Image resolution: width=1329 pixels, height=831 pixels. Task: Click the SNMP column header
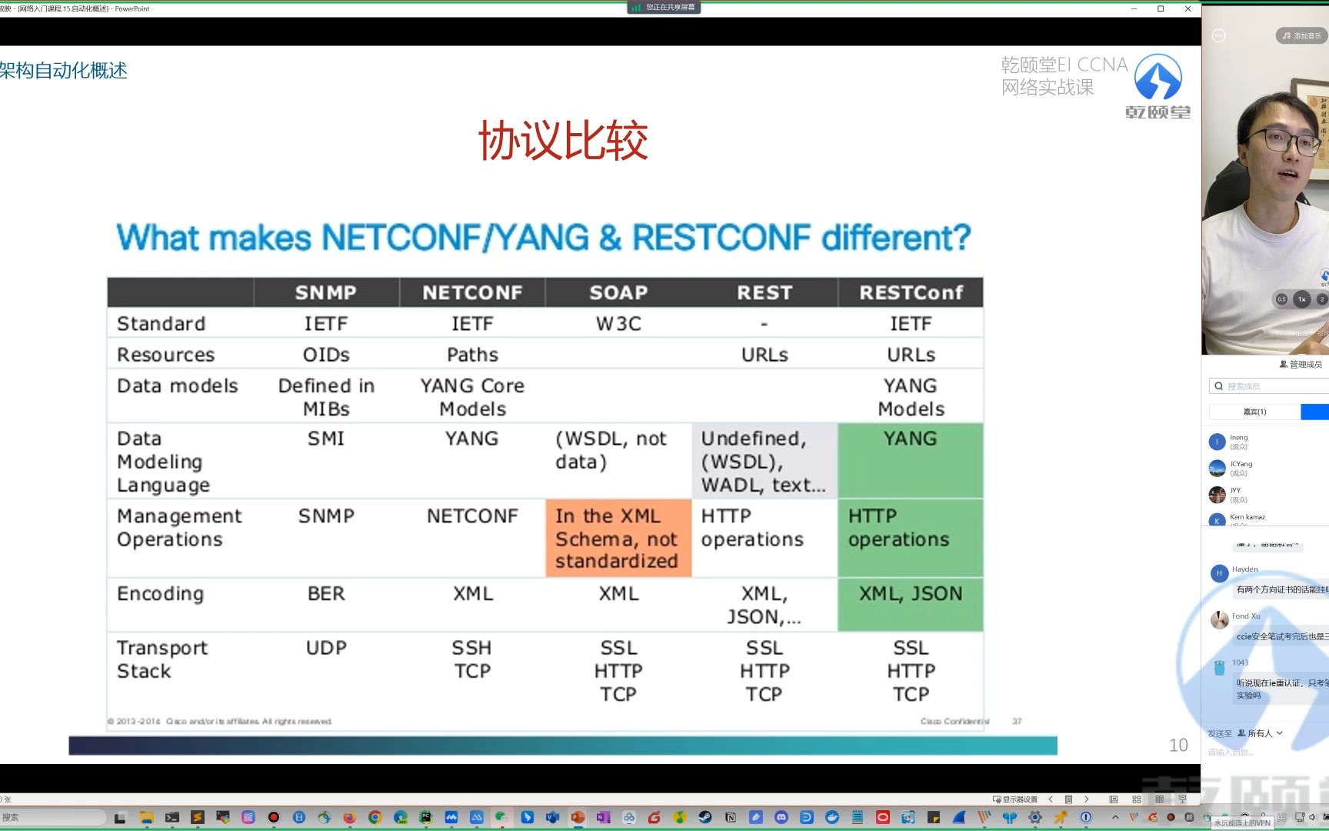(326, 292)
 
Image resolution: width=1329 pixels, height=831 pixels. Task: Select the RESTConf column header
(911, 292)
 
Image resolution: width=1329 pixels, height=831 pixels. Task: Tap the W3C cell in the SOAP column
(618, 324)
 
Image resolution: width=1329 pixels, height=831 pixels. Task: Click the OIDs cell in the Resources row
(326, 355)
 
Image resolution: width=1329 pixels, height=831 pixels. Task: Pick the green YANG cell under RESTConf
(911, 460)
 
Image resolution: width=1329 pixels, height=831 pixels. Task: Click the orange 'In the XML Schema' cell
(618, 539)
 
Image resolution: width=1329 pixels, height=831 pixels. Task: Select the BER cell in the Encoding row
(326, 594)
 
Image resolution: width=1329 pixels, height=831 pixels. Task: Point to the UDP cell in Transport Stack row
(326, 648)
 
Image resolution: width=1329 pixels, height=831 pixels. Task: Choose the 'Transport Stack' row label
(162, 659)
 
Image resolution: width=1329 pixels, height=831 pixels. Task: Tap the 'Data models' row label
(178, 385)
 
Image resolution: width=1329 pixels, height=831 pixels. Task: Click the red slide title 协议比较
(563, 140)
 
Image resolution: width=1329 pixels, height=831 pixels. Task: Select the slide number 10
(1178, 745)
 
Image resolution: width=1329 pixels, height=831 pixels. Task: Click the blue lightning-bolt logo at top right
(1158, 77)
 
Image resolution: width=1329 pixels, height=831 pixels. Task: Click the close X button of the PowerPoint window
(1187, 8)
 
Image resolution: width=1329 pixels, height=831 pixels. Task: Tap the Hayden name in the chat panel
(1244, 569)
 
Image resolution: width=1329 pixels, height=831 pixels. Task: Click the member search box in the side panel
(1269, 386)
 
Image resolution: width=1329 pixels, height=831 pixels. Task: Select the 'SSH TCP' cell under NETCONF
(472, 659)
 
